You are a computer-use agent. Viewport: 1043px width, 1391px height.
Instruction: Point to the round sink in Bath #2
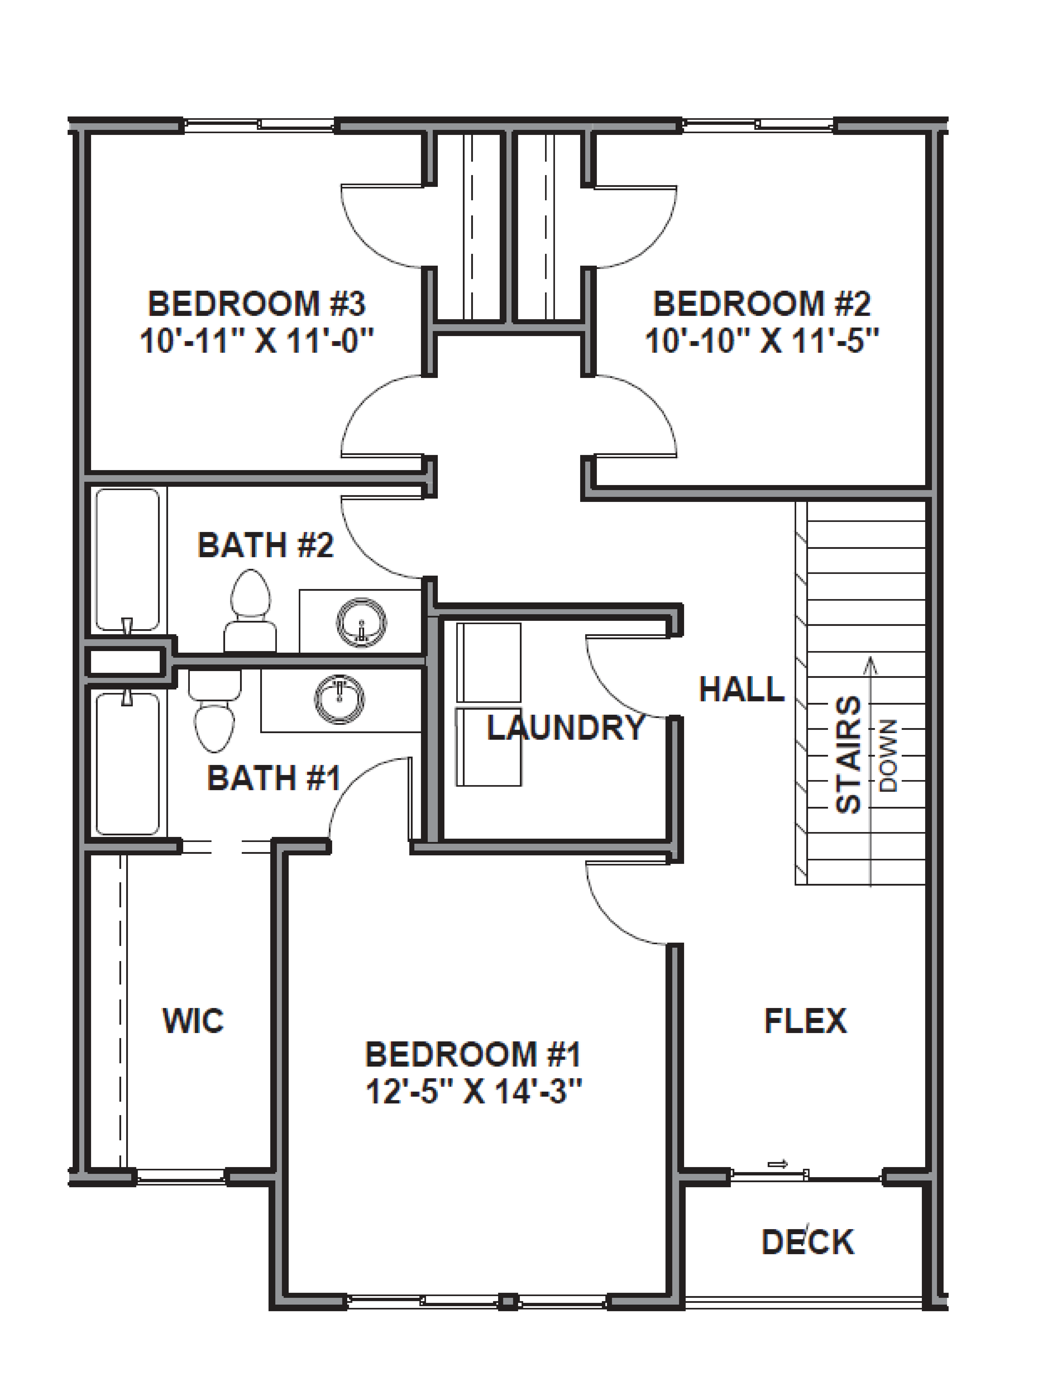[x=361, y=623]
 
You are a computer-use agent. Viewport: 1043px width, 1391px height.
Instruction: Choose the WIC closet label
[x=193, y=1021]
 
